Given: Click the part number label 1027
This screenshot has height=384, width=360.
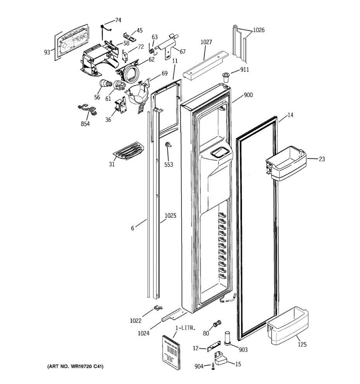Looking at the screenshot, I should point(206,42).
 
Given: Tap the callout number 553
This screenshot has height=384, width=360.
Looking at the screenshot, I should point(169,164).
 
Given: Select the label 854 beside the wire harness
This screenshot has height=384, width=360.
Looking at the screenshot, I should point(85,124).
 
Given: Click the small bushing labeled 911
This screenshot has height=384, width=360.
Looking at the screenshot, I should point(226,77).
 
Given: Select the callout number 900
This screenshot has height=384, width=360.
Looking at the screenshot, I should point(248,95).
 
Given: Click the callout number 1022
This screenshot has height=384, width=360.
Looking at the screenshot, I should point(136,320).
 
